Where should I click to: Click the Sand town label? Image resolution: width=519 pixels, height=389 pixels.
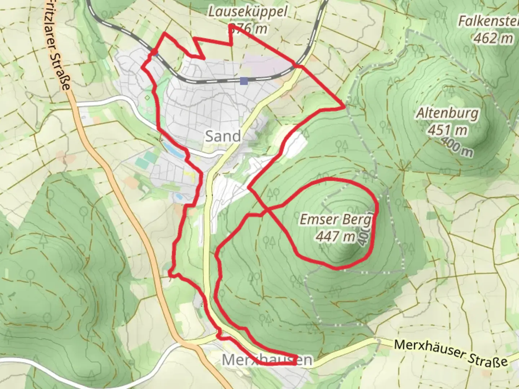(223, 137)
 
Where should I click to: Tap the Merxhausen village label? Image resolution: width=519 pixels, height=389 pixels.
(267, 360)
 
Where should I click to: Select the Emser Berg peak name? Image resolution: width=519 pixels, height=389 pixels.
(335, 219)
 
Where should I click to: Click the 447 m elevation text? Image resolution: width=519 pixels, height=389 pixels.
(335, 236)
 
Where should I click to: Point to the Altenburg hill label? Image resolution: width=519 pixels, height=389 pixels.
(448, 113)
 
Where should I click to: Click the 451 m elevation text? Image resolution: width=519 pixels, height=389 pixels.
(448, 130)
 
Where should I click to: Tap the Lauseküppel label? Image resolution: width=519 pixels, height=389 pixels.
(248, 12)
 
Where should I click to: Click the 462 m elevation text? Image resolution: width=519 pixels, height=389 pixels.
(493, 38)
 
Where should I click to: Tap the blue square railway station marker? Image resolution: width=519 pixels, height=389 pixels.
(244, 81)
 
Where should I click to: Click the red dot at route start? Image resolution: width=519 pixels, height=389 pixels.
(154, 53)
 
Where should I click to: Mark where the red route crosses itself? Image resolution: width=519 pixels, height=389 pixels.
(266, 209)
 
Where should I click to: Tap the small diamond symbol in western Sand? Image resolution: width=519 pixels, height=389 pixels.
(147, 97)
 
